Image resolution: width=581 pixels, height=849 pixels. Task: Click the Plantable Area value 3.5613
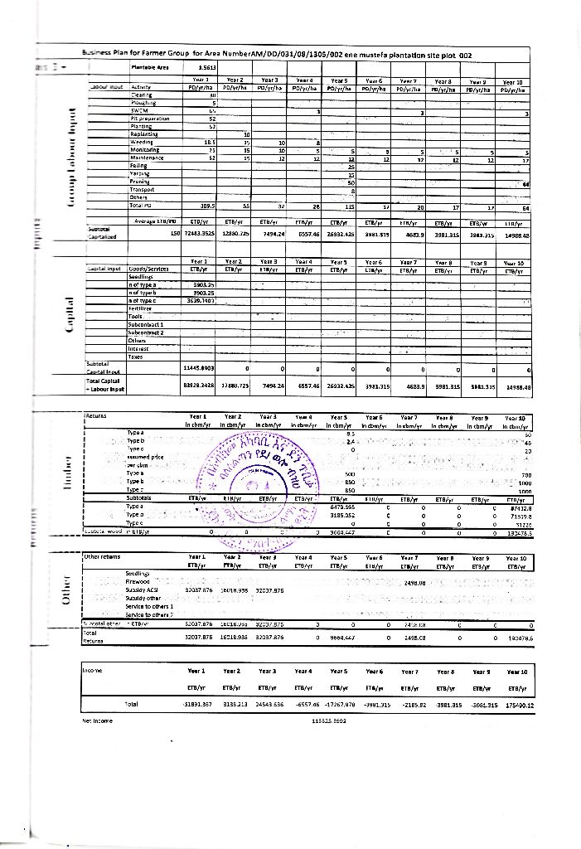208,68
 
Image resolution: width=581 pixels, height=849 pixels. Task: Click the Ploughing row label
138,103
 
